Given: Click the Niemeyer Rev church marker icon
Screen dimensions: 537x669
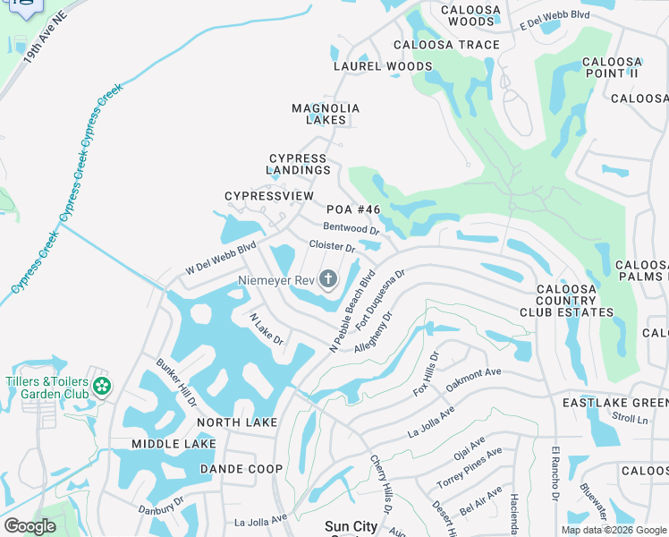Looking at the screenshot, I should tap(328, 280).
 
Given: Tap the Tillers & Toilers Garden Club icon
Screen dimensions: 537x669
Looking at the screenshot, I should tap(102, 387).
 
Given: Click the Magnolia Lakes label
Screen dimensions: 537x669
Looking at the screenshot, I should tap(326, 114).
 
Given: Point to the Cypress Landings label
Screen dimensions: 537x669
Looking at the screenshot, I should tap(299, 164).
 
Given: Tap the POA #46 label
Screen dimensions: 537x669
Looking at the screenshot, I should tap(360, 209).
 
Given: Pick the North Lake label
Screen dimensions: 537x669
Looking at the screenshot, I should tap(237, 422).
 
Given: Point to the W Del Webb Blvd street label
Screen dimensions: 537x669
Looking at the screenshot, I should tap(221, 258).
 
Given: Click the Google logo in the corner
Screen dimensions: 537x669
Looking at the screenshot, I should tap(30, 525).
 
